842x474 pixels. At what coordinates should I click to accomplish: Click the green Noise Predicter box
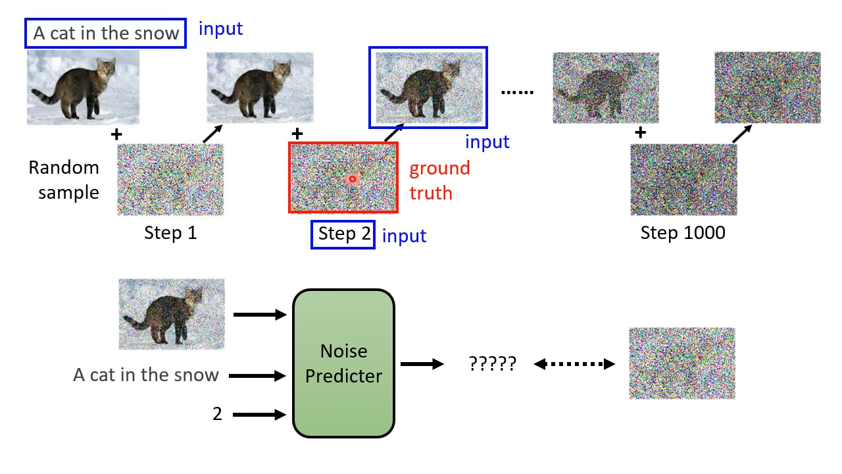coord(343,363)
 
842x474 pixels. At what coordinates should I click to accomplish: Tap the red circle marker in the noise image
coord(352,179)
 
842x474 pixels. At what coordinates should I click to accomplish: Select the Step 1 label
coord(170,232)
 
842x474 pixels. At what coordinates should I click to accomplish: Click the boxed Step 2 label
coord(343,234)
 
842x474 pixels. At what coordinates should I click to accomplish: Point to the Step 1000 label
coord(683,232)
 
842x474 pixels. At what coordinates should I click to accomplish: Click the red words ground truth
coord(439,180)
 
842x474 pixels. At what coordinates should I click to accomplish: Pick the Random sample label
coord(64,180)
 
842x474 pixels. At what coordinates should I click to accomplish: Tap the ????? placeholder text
coord(493,363)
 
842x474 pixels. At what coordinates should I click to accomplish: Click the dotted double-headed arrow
coord(574,364)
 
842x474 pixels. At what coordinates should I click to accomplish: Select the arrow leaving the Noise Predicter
coord(422,364)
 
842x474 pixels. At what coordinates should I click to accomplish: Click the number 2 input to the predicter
coord(217,414)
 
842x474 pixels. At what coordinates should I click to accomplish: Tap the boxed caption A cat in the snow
coord(106,33)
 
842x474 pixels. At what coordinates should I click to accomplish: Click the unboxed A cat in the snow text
coord(146,375)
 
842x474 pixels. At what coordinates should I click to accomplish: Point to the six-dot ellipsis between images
coord(517,92)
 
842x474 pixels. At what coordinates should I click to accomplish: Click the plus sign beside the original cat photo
coord(116,134)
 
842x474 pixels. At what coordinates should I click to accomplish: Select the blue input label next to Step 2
coord(404,236)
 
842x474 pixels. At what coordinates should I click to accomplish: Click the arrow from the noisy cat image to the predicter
coord(260,315)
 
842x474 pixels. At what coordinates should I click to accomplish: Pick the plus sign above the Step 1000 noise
coord(641,132)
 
